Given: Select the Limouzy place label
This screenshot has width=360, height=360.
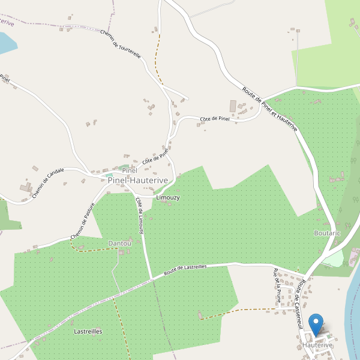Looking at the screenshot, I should (167, 197).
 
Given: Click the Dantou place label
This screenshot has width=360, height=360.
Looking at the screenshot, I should (119, 243).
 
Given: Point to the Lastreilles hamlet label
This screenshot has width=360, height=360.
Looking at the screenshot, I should (88, 331).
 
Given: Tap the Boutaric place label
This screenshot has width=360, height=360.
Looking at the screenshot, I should (327, 233).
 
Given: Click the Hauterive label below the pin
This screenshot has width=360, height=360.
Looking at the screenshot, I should (317, 346).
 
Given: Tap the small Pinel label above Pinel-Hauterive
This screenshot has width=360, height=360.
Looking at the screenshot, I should (130, 171).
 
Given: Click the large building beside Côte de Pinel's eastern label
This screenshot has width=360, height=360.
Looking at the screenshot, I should (233, 106).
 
